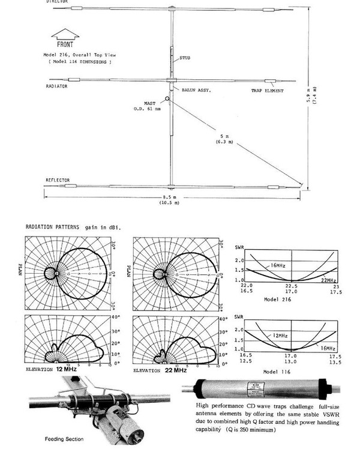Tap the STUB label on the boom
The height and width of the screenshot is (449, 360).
(x=184, y=58)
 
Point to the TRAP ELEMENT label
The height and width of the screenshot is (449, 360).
(x=268, y=91)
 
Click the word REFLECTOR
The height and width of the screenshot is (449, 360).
(x=58, y=180)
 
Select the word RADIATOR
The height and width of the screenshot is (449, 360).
(x=56, y=86)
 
